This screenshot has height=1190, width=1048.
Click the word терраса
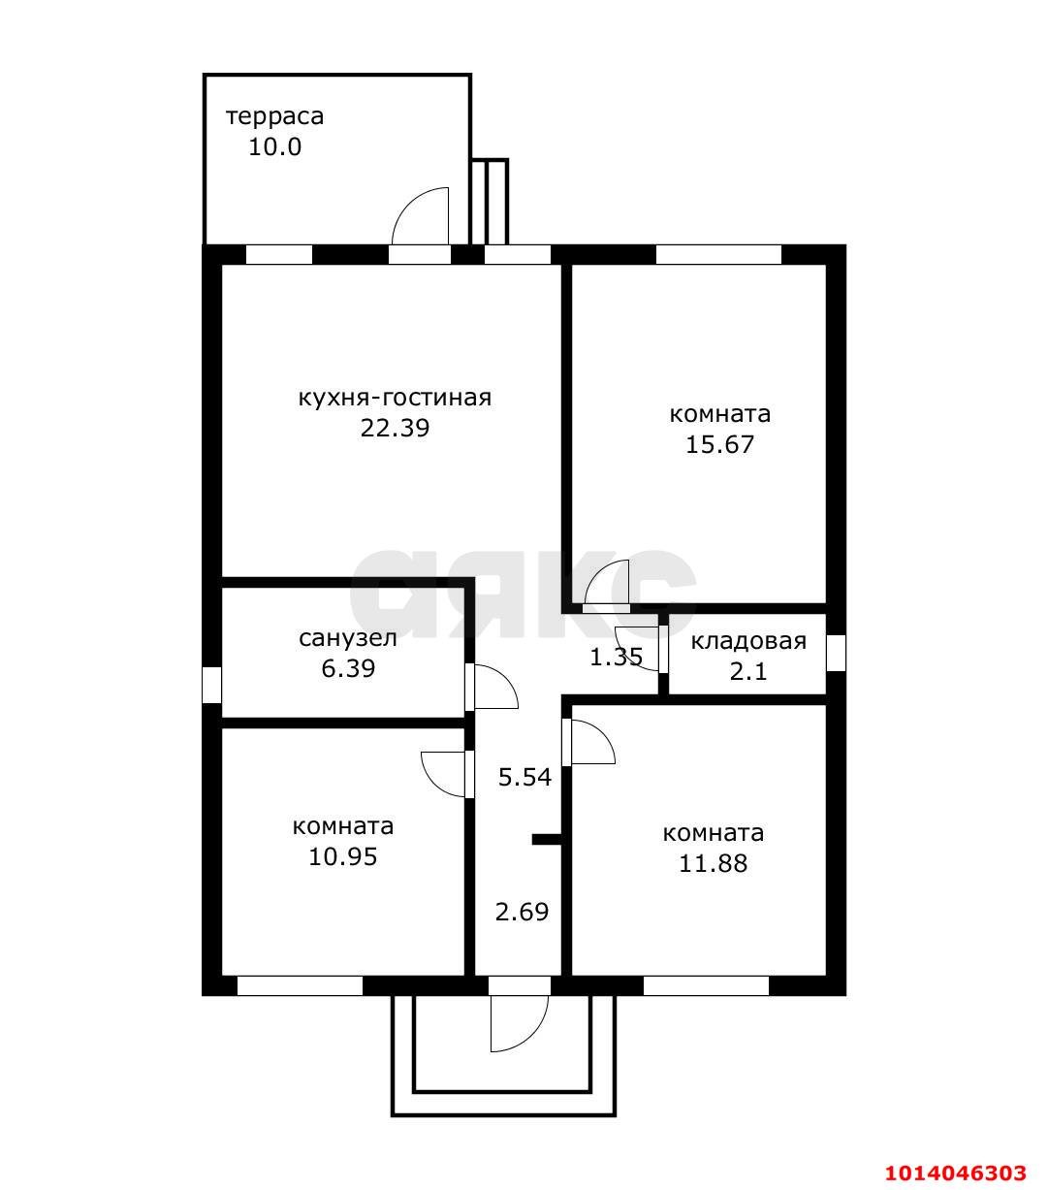(x=274, y=117)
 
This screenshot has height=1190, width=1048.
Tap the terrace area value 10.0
(x=274, y=146)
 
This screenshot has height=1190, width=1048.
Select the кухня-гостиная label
(x=395, y=398)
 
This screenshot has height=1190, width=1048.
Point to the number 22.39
(x=395, y=429)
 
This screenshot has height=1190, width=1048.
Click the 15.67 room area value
(x=719, y=444)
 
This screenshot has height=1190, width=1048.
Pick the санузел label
(x=348, y=638)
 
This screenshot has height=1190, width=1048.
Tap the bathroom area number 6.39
(x=348, y=668)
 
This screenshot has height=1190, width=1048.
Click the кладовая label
(x=748, y=641)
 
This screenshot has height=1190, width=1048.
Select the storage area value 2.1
(x=748, y=671)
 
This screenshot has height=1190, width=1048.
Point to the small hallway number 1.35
(x=616, y=658)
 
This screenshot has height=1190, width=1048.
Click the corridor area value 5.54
(x=524, y=777)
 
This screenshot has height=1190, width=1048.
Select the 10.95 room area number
(x=343, y=857)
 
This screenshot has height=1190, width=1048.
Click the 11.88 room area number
(x=713, y=863)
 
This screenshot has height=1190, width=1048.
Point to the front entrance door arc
(x=532, y=1037)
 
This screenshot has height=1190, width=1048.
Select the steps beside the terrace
(x=490, y=202)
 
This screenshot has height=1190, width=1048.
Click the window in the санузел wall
(x=211, y=685)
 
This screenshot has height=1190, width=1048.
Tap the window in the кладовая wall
(x=836, y=653)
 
